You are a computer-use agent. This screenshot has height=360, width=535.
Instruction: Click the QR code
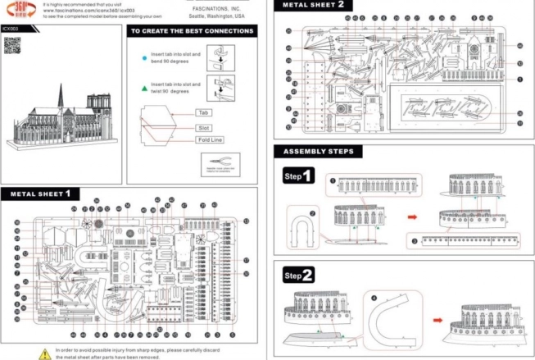(12, 46)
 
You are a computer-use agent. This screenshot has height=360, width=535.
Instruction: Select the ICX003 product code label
(10, 28)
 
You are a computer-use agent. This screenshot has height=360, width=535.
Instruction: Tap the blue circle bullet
(144, 59)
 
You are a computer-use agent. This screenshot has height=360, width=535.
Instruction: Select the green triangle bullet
(144, 87)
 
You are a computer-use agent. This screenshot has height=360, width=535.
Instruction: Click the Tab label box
(202, 112)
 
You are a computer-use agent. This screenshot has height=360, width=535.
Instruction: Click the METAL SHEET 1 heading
(48, 194)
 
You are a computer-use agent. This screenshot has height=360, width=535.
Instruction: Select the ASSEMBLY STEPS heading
(318, 152)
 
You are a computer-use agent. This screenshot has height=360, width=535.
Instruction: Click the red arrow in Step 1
(415, 217)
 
